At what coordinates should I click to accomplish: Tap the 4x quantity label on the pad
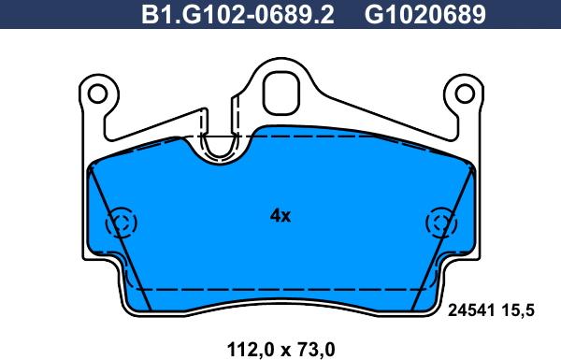280,216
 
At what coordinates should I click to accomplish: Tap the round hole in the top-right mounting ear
464,93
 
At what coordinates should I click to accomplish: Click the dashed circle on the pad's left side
121,223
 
